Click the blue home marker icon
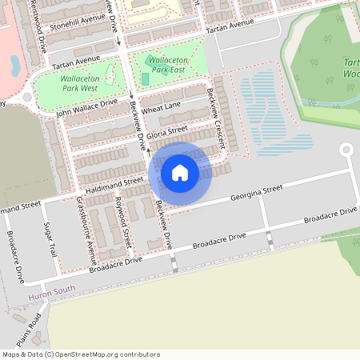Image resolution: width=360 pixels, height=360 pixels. (180, 172)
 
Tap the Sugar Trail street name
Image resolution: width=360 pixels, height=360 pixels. (51, 239)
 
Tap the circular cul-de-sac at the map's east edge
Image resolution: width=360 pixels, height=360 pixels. (346, 150)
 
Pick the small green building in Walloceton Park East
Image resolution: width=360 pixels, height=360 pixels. (145, 78)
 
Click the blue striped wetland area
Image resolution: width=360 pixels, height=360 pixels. (272, 112)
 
